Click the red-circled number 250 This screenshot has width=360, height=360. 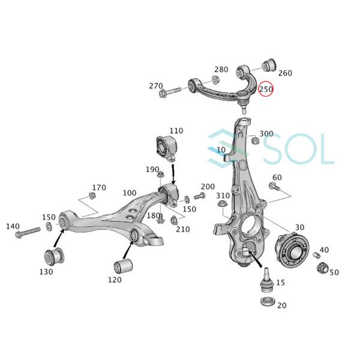click(x=266, y=89)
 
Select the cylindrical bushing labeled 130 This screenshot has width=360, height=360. click(x=55, y=257)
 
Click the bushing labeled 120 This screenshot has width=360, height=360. click(x=124, y=265)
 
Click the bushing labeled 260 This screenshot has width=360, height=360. click(x=269, y=62)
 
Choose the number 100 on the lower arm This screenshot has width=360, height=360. click(x=129, y=193)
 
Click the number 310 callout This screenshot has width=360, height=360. click(x=223, y=196)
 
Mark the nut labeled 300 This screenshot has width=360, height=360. click(x=254, y=141)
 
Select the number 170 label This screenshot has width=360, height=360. click(x=98, y=187)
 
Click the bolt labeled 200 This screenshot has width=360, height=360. click(x=199, y=196)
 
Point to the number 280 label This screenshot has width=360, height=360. click(x=221, y=70)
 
